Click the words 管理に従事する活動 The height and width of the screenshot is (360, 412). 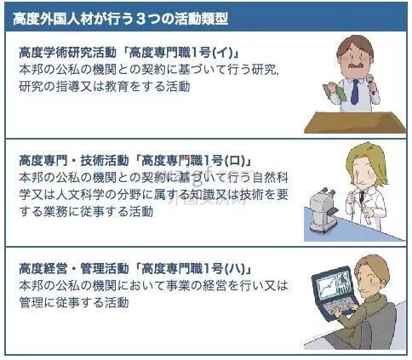(74, 302)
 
